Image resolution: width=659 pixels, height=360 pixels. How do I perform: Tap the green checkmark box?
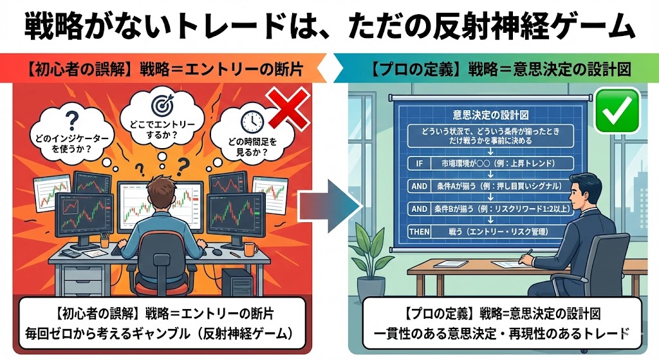coord(616,110)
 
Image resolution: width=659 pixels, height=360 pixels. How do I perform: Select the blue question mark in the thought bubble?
coord(72,120)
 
